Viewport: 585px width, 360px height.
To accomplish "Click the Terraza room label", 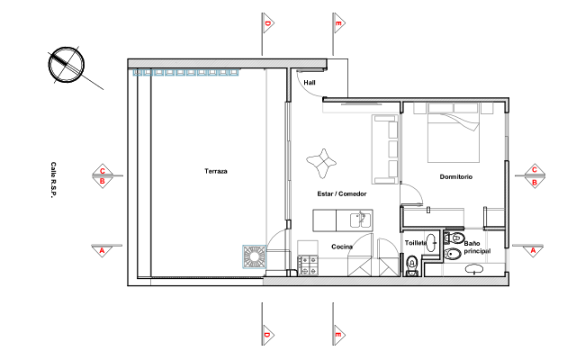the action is point(216,171).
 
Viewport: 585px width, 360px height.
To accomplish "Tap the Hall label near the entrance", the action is point(310,83).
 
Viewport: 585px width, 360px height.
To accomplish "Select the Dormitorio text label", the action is point(456,176).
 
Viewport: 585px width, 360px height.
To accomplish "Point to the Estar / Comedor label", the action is point(342,193).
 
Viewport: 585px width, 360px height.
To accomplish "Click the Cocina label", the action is point(342,247).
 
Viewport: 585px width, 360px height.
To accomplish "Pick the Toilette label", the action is point(416,243).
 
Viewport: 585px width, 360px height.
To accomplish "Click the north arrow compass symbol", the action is point(67,65).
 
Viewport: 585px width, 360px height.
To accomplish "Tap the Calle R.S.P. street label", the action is point(53,180).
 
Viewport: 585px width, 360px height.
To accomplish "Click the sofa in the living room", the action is point(385,149).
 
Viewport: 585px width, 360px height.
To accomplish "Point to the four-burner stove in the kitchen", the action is point(308,265).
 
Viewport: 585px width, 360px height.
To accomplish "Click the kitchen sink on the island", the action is point(361,220).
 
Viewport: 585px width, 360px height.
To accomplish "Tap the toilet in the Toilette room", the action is point(411,265).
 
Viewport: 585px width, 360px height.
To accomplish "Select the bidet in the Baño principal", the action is point(453,254).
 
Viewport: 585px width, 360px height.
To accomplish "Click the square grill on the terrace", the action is point(255,256).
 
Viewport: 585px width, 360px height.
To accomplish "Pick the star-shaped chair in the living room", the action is point(321,164).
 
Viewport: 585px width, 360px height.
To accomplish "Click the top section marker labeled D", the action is point(267,23).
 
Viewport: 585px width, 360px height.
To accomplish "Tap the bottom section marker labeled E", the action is point(338,335).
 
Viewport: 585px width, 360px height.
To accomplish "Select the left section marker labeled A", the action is point(103,250).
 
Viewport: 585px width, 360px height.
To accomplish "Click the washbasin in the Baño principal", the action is point(473,268).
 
